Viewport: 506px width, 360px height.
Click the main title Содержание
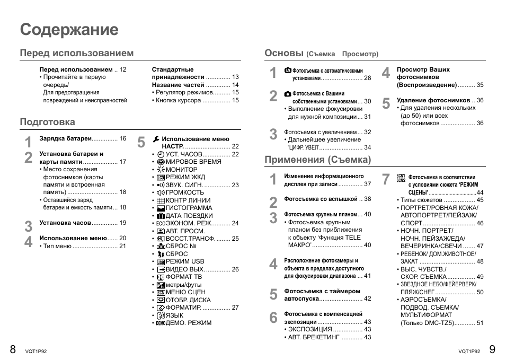[x=69, y=30]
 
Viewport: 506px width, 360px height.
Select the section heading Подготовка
[x=48, y=122]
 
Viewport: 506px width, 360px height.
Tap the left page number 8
[x=13, y=348]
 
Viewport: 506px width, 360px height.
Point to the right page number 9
[x=492, y=348]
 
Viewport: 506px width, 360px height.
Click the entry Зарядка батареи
[x=66, y=138]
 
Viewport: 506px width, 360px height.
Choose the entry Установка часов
[x=65, y=223]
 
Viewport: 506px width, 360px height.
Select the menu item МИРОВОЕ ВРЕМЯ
[x=193, y=162]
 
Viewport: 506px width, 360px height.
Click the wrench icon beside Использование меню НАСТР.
[x=156, y=139]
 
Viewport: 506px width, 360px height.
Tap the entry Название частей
[x=178, y=84]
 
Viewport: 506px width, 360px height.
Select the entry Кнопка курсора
[x=179, y=100]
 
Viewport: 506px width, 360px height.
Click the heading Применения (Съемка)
[x=317, y=160]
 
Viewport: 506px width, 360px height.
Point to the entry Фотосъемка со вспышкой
[x=321, y=199]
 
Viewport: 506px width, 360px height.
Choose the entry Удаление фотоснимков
[x=433, y=100]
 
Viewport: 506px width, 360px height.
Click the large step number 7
[x=386, y=180]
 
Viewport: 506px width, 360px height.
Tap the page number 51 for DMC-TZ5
[x=480, y=322]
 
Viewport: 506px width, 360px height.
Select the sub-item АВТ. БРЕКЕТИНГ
[x=313, y=337]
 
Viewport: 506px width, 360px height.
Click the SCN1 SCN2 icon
[x=401, y=178]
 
